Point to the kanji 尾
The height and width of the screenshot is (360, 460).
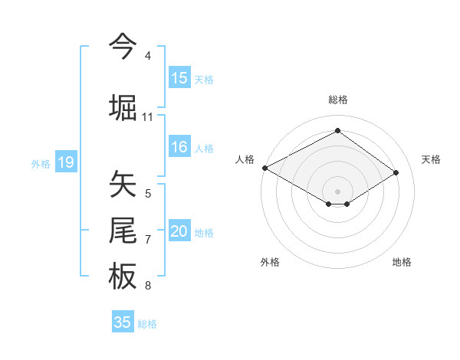point(123,231)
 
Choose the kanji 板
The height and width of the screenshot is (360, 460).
point(123,277)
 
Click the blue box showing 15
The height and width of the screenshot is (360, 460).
point(179,77)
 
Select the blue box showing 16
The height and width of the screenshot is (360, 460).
point(179,148)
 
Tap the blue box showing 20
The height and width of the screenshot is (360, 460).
point(179,232)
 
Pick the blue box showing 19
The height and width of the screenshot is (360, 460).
point(66,162)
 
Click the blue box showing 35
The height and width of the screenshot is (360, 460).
point(123,322)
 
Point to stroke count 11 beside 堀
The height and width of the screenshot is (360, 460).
point(147,116)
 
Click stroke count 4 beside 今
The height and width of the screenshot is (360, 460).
point(147,56)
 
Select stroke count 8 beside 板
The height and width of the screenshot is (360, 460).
point(147,286)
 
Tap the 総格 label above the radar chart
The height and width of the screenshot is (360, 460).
point(338,100)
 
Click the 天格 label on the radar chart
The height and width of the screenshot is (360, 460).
point(432,159)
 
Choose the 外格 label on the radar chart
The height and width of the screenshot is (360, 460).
point(270,262)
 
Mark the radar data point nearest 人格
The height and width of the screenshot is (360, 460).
point(264,167)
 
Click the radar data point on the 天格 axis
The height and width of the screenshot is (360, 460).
point(396,172)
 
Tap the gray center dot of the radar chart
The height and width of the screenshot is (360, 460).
point(337,190)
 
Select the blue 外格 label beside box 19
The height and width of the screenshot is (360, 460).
point(41,163)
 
